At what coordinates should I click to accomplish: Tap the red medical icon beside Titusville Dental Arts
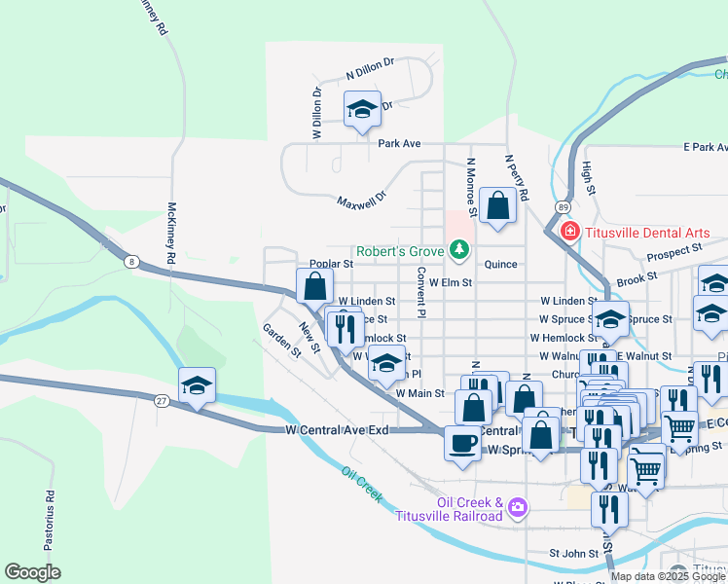[569, 233]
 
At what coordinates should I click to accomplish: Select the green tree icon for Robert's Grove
[457, 250]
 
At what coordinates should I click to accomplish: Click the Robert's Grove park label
[400, 251]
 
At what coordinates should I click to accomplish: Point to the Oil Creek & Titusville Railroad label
[469, 509]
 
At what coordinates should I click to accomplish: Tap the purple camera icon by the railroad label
[518, 506]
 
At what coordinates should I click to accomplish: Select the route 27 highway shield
[162, 400]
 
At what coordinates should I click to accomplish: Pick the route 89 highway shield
[564, 207]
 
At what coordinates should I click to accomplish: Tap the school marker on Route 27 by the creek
[197, 384]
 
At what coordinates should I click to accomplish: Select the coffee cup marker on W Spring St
[462, 442]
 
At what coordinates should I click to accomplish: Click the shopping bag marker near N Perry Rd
[497, 205]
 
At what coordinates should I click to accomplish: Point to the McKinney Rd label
[171, 235]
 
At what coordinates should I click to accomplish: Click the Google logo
[32, 572]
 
